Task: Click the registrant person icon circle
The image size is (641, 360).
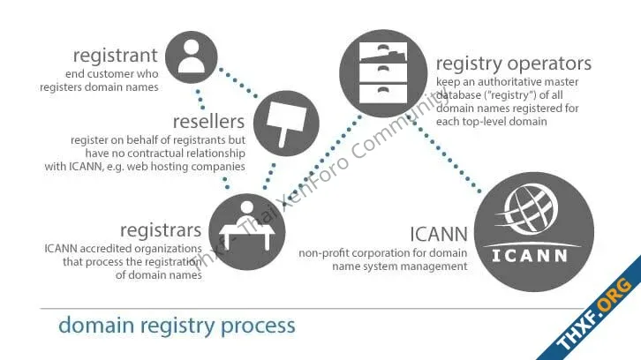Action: [x=192, y=57]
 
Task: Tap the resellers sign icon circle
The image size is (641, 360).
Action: [x=286, y=124]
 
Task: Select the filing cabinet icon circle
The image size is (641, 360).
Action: [x=383, y=73]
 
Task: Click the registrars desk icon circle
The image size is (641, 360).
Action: [x=247, y=232]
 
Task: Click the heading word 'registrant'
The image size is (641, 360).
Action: [x=116, y=56]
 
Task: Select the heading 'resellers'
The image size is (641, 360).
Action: [x=209, y=122]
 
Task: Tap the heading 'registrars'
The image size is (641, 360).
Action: [x=161, y=230]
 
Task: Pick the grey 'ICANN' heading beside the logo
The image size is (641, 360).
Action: [x=439, y=235]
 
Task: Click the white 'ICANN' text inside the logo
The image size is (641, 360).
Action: [x=530, y=256]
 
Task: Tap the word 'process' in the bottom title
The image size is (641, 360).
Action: [x=258, y=326]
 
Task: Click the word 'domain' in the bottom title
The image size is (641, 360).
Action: [x=96, y=326]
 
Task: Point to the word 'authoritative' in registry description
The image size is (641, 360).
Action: [x=508, y=82]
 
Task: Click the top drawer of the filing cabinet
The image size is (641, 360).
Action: [x=383, y=53]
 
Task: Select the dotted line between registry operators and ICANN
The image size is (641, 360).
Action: [x=447, y=155]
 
